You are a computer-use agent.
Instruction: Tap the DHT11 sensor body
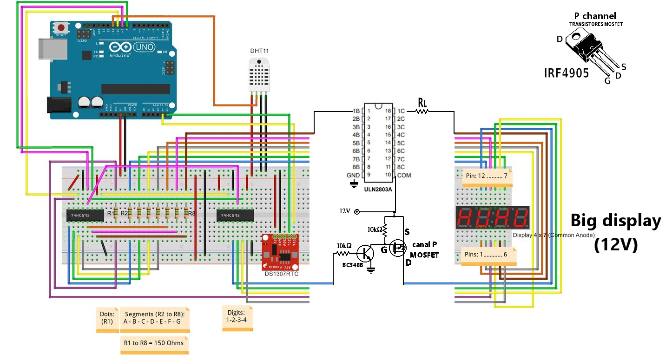(x=259, y=74)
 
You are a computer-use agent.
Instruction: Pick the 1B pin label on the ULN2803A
(x=356, y=111)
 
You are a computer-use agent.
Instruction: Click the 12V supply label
(x=344, y=211)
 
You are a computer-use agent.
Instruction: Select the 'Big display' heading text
(x=615, y=221)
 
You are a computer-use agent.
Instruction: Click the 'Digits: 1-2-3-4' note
(x=237, y=317)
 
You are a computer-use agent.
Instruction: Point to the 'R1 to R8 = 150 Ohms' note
(x=154, y=343)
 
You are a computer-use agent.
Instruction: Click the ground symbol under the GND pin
(x=354, y=184)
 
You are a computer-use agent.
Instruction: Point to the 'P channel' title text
(x=595, y=16)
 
